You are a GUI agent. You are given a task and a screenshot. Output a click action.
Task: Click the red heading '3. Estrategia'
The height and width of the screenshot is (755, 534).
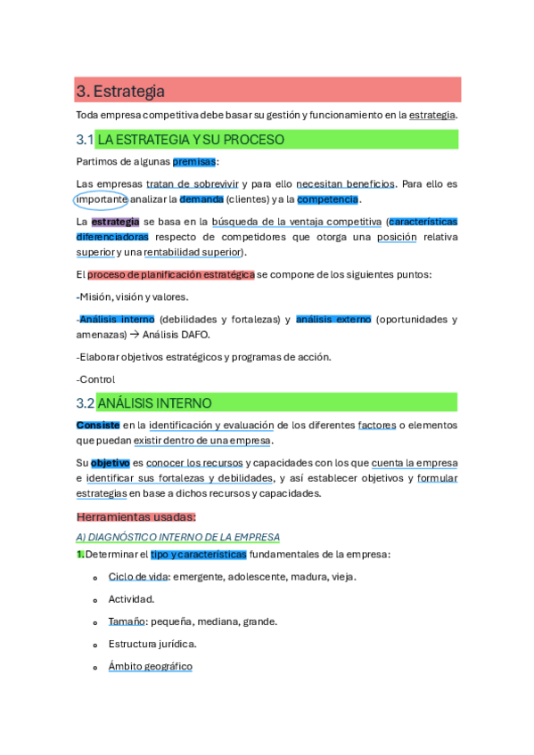coord(121,91)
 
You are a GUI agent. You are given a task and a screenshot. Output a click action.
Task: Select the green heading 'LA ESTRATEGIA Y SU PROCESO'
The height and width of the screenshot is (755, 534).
coord(191,140)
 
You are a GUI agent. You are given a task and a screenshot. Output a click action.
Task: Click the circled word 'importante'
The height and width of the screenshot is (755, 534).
coord(102,199)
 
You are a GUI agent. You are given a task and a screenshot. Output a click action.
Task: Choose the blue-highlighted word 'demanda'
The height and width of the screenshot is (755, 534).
coord(201,199)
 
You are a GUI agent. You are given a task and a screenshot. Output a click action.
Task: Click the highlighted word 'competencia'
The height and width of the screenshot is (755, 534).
coord(328,199)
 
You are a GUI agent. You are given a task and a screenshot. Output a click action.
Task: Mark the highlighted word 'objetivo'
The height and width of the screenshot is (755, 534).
coord(111,463)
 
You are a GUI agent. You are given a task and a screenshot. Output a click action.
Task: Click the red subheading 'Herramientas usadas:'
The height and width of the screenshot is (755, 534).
coord(136,516)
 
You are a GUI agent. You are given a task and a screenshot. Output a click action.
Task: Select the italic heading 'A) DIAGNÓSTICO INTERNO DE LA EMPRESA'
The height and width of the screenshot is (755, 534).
coord(178,537)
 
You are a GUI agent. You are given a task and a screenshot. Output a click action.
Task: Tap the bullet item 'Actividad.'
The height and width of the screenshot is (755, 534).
coord(132,599)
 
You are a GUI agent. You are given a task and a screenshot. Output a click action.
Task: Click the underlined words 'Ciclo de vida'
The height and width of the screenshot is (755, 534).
coord(138,577)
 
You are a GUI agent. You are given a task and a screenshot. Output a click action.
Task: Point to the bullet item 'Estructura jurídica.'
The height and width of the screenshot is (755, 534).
coord(152,644)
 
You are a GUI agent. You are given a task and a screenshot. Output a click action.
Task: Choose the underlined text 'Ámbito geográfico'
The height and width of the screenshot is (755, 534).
coord(150,666)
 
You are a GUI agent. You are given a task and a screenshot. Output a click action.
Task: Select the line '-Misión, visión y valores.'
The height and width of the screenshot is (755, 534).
coord(133,296)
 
